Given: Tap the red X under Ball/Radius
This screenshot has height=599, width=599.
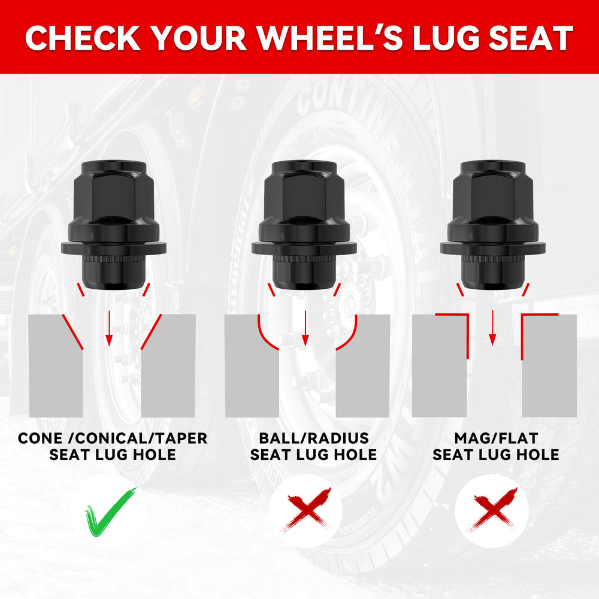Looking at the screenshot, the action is [x=305, y=510].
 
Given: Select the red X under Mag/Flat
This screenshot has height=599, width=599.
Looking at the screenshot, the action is [x=492, y=510].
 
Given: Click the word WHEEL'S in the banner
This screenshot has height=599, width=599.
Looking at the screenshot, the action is [x=329, y=38].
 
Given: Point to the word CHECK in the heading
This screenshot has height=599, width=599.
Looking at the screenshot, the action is [x=83, y=38].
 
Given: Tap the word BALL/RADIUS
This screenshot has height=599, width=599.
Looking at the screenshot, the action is [x=314, y=438].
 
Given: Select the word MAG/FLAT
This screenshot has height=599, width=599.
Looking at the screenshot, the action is [x=496, y=438].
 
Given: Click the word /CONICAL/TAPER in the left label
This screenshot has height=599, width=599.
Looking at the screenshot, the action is [x=141, y=438].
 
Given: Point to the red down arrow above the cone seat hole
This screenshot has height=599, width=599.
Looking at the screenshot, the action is [x=109, y=328].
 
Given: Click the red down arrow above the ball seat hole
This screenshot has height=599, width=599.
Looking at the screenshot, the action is [x=305, y=328].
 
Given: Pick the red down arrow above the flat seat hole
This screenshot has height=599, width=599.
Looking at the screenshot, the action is [x=492, y=328].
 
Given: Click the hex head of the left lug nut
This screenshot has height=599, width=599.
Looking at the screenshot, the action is [x=113, y=191].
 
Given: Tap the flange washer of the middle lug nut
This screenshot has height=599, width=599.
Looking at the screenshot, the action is [x=304, y=247].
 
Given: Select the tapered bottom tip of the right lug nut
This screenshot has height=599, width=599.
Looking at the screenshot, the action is [x=493, y=277].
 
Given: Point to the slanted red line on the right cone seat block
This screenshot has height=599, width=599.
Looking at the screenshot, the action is [x=152, y=332].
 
